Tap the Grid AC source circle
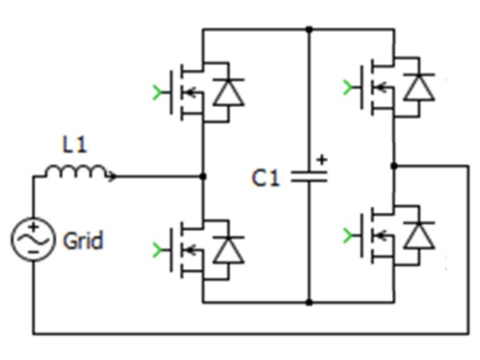click(x=33, y=238)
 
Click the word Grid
click(x=82, y=239)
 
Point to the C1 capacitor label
click(x=266, y=178)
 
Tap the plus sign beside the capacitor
click(x=322, y=159)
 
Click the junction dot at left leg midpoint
click(x=202, y=176)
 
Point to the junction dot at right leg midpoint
click(x=394, y=166)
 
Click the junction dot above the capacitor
click(x=310, y=30)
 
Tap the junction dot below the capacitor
click(x=310, y=302)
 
